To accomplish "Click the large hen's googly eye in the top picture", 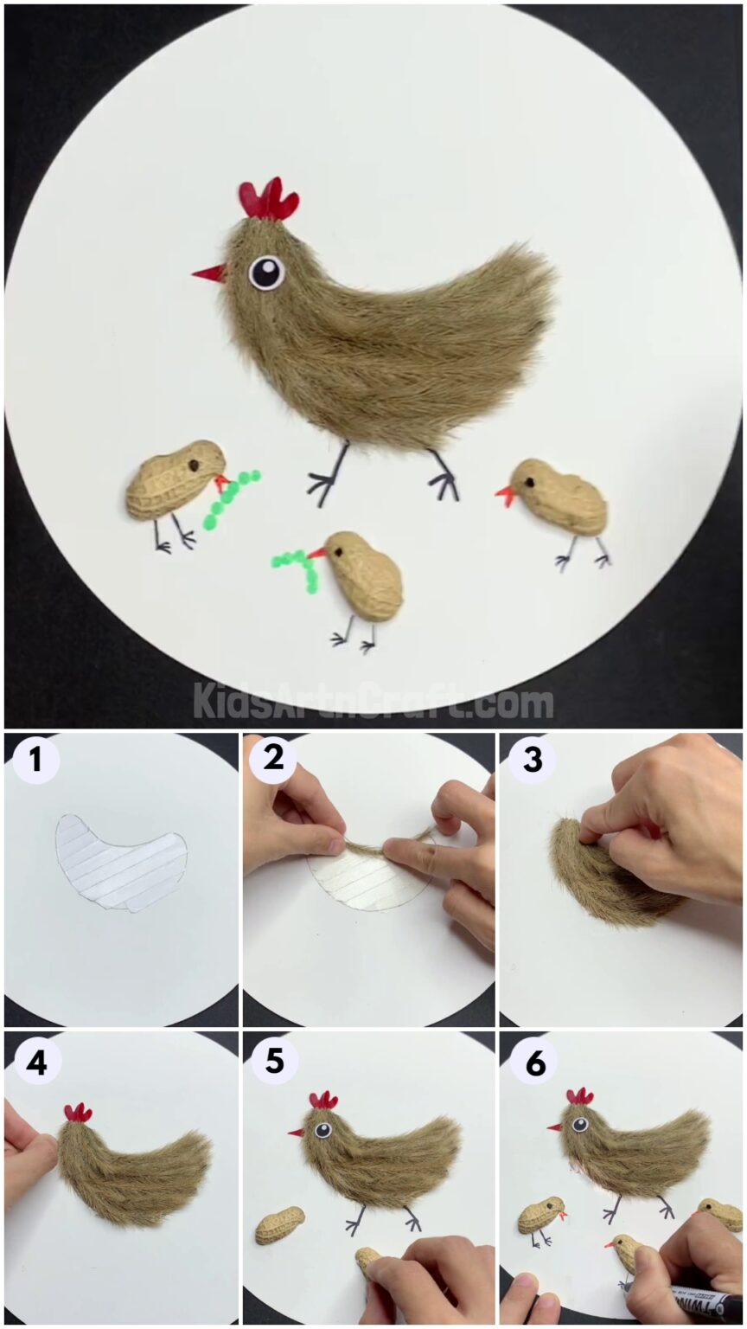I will click(267, 273).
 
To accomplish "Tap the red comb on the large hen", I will click(270, 201).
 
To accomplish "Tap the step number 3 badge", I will click(532, 761).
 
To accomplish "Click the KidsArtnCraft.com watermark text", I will click(373, 700).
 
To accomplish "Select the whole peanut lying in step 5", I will click(279, 1225).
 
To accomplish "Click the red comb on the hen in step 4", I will click(78, 1113).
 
